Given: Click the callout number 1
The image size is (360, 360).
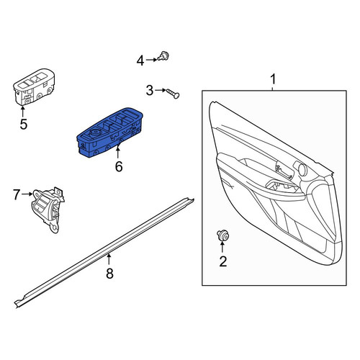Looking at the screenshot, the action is click(273, 79).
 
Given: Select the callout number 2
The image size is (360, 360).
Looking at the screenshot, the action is click(223, 261).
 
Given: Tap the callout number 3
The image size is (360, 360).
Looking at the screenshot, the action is click(150, 91).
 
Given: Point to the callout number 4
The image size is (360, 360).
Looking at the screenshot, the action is click(140, 60).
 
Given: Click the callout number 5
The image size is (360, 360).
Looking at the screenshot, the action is click(24, 124).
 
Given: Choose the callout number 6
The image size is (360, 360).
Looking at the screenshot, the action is click(119, 166).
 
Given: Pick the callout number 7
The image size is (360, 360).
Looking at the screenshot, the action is click(17, 194).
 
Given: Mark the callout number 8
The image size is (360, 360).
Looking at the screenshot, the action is click(109, 273).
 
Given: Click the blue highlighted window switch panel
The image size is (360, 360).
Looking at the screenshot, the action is click(109, 132).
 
